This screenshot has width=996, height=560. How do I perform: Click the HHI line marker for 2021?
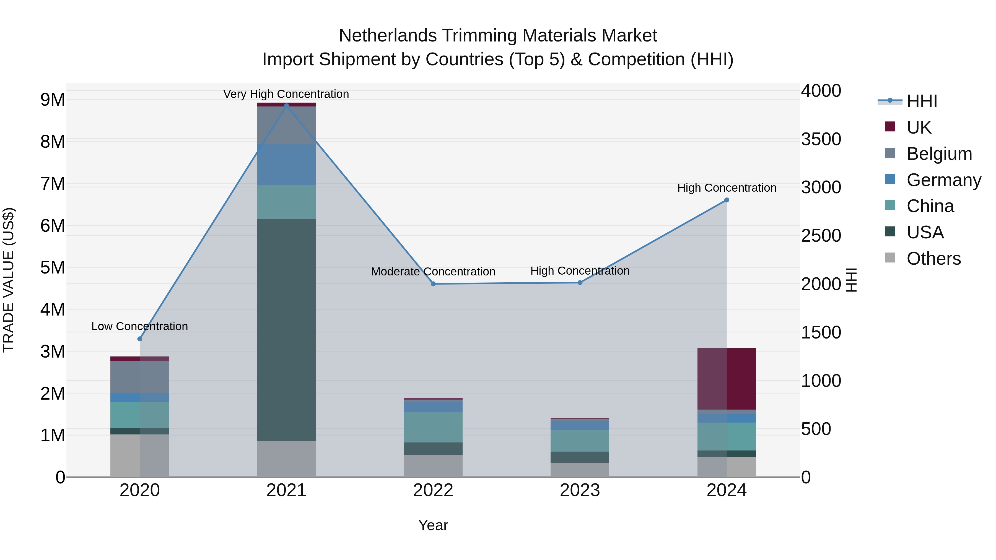(287, 106)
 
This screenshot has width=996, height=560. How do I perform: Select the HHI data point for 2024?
(727, 200)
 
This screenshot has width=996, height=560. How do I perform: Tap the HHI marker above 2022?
(433, 284)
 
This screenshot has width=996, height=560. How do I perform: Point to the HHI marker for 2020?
(140, 338)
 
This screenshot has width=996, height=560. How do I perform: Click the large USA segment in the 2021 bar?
(287, 329)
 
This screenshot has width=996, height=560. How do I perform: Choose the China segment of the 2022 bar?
(433, 427)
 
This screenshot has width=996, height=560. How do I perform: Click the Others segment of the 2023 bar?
(580, 469)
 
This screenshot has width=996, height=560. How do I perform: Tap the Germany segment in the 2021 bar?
(287, 164)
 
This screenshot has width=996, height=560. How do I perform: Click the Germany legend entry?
(943, 180)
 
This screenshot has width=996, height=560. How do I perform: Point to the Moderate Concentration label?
(433, 271)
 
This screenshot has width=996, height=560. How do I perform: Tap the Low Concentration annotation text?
(140, 326)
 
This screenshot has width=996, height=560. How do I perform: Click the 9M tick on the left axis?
(53, 100)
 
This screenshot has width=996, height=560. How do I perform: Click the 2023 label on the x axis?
(580, 490)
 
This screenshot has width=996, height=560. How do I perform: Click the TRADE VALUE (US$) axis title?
(9, 280)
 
